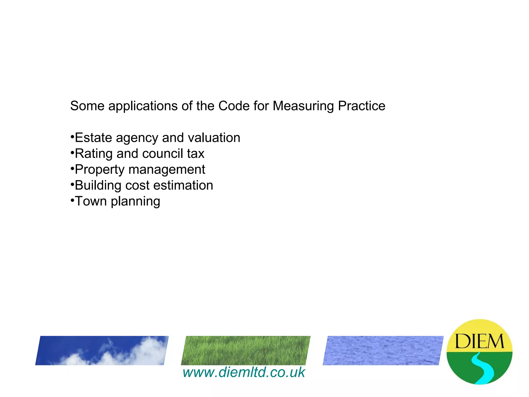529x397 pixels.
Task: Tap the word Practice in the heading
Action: [x=362, y=106]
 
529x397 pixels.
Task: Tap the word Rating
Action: [x=94, y=154]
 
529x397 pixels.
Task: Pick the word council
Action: [x=162, y=154]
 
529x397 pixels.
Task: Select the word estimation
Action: [x=183, y=185]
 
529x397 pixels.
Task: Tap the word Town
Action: [x=91, y=201]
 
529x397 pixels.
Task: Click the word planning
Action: [x=135, y=202]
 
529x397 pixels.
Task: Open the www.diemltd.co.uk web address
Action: [x=244, y=372]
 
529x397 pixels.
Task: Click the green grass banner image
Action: [x=246, y=350]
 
